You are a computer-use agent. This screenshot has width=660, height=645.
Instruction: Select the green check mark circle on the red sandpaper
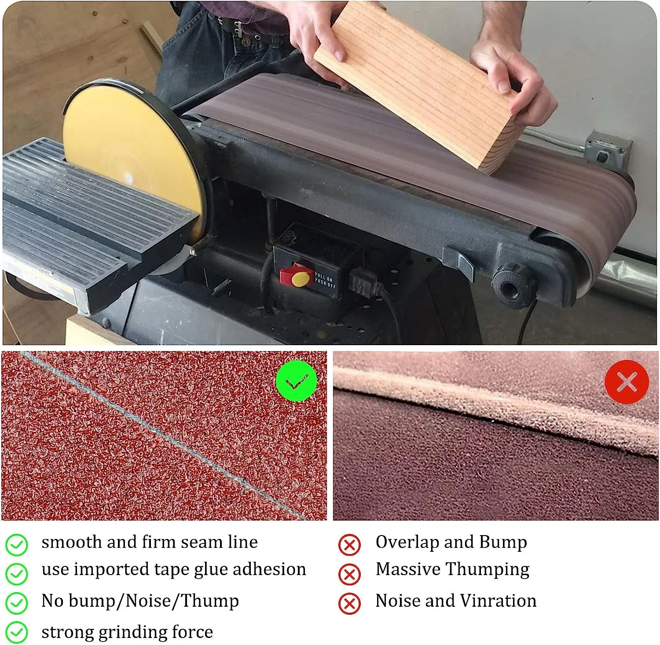[x=296, y=381]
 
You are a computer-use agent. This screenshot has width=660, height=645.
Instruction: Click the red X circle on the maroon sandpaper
[x=627, y=382]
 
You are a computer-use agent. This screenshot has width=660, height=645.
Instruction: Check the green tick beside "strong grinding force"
[x=17, y=633]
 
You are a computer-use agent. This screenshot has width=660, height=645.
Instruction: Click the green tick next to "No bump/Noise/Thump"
[x=17, y=603]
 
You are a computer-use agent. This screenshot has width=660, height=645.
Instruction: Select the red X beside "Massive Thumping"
[x=349, y=574]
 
